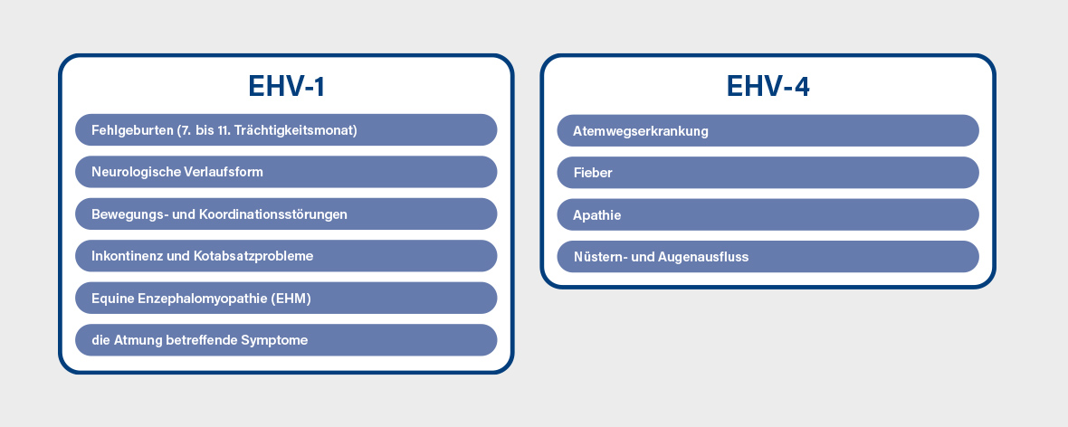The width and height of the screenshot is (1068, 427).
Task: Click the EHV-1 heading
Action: pyautogui.click(x=286, y=87)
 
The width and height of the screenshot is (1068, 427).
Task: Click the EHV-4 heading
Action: pyautogui.click(x=768, y=87)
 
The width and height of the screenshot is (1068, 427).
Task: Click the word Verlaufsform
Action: pyautogui.click(x=224, y=172)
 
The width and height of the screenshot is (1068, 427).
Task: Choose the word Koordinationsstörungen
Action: pyautogui.click(x=273, y=214)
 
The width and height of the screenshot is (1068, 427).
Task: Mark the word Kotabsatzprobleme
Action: pyautogui.click(x=254, y=257)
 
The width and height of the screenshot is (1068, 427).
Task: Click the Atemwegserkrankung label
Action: pyautogui.click(x=641, y=131)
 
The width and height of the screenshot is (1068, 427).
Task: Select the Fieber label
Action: pyautogui.click(x=593, y=173)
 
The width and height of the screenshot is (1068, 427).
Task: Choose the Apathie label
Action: pyautogui.click(x=597, y=216)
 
